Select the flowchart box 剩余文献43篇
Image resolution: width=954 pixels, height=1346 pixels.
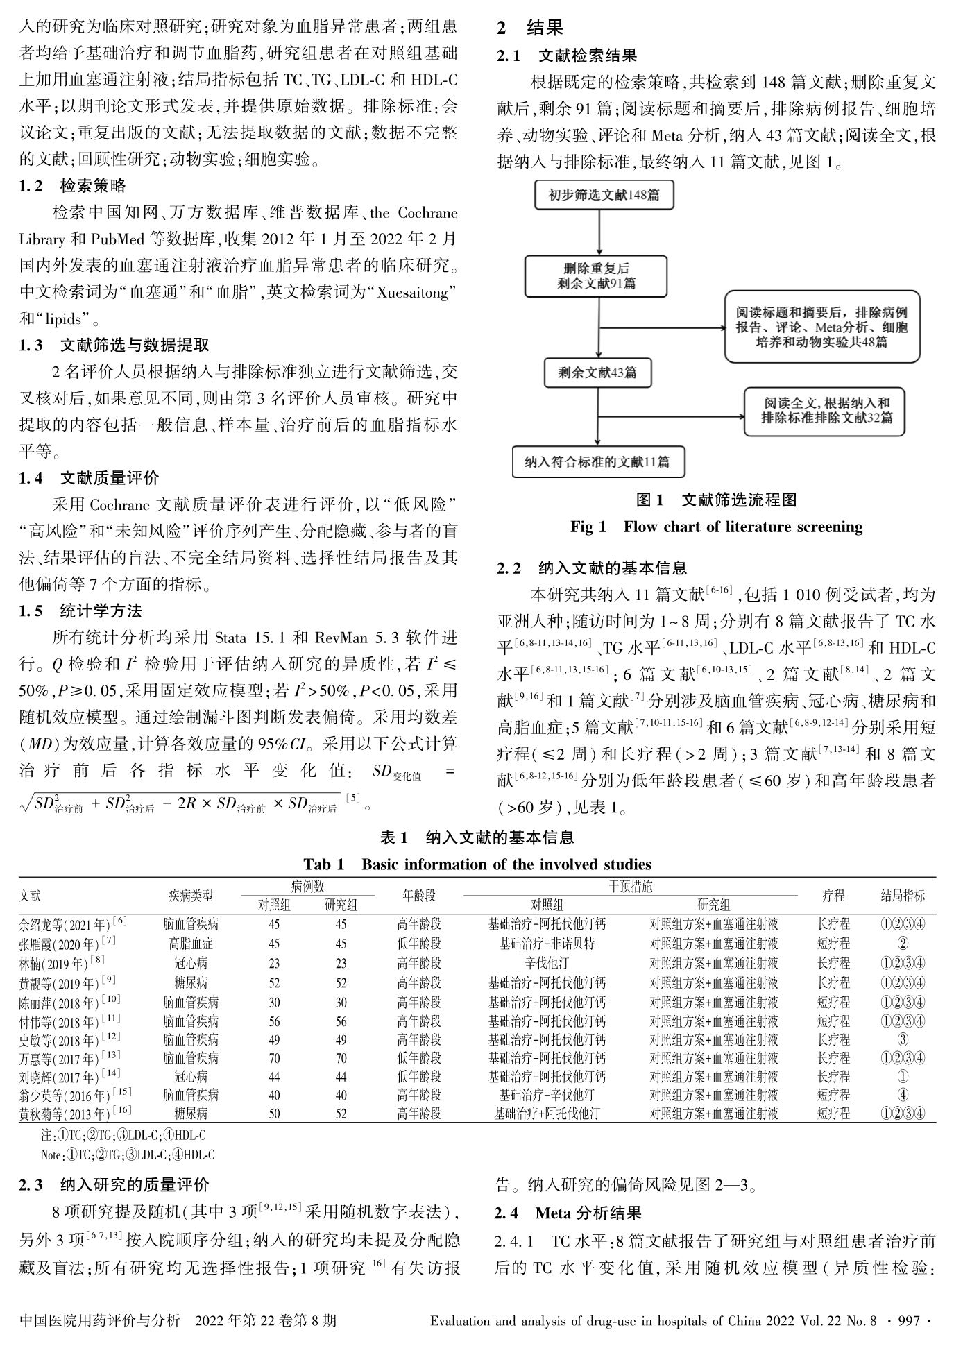[597, 373]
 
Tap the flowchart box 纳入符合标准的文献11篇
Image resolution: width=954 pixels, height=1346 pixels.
[597, 461]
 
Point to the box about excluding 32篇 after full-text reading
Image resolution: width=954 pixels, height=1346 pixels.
[824, 411]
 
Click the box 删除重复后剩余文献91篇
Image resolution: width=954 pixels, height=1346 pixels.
[596, 276]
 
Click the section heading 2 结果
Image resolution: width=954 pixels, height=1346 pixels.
[530, 28]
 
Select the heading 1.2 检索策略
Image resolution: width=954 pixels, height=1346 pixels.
[73, 187]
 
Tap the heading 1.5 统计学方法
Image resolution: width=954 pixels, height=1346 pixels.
[80, 611]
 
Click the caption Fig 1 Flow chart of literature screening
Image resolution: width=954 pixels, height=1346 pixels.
[716, 527]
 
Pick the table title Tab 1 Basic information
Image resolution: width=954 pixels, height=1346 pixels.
[477, 864]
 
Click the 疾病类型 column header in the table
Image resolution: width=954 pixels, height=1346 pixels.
[191, 896]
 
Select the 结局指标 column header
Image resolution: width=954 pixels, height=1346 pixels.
[903, 896]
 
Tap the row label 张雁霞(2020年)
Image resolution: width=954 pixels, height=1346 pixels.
[66, 944]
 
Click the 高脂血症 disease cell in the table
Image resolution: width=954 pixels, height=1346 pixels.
[191, 944]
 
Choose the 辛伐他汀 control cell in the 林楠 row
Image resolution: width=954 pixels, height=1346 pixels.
[547, 963]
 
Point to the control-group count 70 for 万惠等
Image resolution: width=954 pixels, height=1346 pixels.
[275, 1059]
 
